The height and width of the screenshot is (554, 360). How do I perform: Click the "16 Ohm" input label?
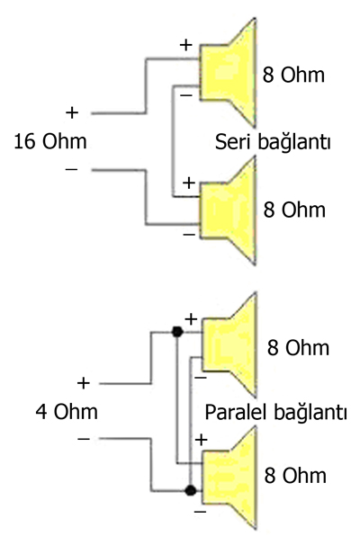coord(50,141)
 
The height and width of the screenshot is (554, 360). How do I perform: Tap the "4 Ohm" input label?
coord(67,412)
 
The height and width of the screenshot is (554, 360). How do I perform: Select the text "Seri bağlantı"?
coord(273,142)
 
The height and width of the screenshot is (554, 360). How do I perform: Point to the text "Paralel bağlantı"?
coord(275,412)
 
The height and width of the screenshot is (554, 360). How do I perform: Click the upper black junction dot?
coord(177,332)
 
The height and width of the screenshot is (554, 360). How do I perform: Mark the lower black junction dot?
coord(191,490)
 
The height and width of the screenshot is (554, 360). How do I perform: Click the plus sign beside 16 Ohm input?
coord(72,112)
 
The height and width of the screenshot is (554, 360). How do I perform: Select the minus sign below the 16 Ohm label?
coord(71,170)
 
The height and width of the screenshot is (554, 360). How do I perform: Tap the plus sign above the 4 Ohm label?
coord(84,383)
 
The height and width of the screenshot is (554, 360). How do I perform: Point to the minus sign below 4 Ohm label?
coord(84,439)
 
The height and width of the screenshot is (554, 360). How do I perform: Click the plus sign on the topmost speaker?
coord(186,45)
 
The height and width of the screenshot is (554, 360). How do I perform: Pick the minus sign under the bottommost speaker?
coord(200,511)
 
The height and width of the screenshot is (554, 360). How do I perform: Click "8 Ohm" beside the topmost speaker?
coord(293,75)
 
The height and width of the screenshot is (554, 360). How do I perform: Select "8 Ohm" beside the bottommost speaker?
coord(295,476)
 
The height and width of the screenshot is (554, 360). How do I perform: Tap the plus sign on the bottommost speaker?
coord(201,440)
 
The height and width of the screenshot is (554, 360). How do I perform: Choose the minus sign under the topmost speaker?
coord(186,95)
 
